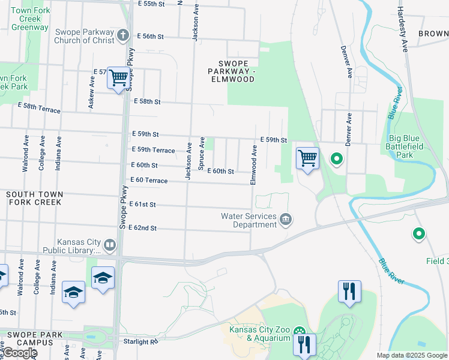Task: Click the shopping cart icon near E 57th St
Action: [x=119, y=78]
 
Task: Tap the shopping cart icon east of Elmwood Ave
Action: [x=307, y=159]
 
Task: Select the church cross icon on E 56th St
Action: [x=124, y=35]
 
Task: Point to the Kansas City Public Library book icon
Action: [x=109, y=245]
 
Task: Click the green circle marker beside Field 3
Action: [x=419, y=234]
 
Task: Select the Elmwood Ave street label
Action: [x=254, y=169]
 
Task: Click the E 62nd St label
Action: [x=142, y=228]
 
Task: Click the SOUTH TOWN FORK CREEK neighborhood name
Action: [x=34, y=198]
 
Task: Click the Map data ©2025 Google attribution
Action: [x=412, y=355]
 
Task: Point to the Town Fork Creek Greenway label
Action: [x=30, y=19]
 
